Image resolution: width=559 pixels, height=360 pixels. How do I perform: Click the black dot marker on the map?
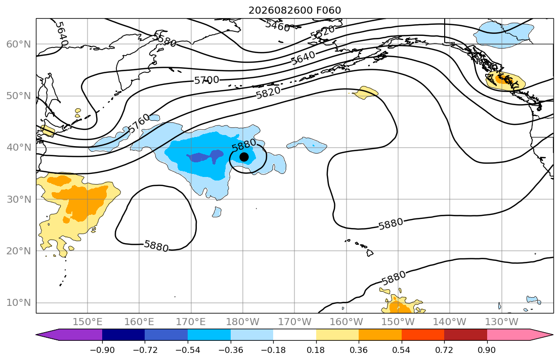[244, 157]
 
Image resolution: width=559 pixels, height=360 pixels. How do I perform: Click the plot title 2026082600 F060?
[294, 10]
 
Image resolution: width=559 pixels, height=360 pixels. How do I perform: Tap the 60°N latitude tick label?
[19, 44]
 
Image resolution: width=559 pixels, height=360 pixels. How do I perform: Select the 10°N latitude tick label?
[19, 303]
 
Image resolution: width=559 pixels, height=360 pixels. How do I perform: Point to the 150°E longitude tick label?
[88, 322]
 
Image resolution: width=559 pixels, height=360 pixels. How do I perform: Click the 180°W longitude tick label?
[243, 322]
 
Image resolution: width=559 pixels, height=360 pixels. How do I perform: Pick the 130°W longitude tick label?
[502, 322]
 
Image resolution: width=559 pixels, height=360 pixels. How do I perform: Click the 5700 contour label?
[206, 80]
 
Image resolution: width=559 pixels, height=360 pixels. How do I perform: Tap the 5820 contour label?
[269, 93]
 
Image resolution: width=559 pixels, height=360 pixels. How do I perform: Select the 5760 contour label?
[139, 123]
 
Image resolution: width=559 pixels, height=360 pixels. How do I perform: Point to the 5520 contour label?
[323, 32]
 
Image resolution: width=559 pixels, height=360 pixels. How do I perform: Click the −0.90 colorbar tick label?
[102, 350]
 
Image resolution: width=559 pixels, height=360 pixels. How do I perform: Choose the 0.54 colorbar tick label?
[402, 350]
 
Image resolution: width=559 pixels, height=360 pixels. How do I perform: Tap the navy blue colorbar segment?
[123, 335]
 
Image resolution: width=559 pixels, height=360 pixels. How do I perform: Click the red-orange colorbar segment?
[423, 335]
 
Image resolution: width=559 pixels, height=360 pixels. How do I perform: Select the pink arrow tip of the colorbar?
[552, 335]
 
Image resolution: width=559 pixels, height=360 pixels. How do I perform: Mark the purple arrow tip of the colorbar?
[37, 335]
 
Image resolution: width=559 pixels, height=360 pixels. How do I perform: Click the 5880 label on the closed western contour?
[156, 246]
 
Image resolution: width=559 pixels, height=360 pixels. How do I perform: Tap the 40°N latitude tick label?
[19, 148]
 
